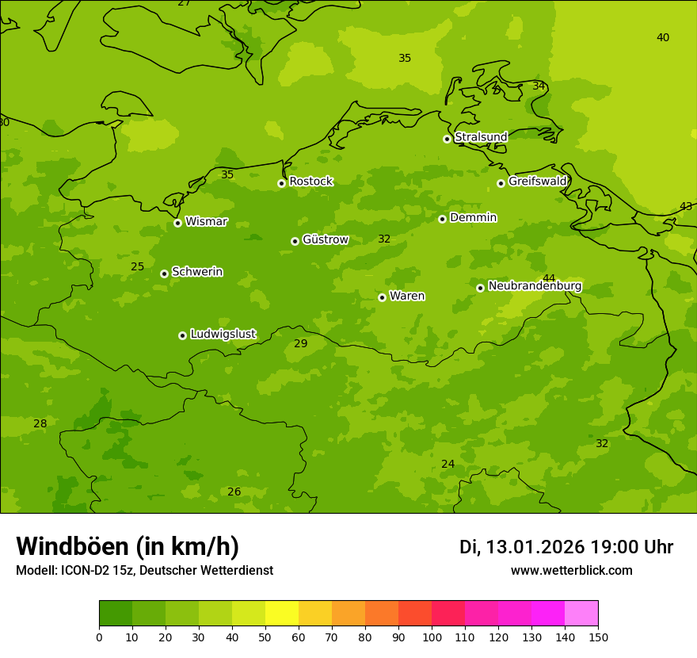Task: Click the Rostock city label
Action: [x=310, y=182]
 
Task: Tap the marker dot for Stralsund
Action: [x=447, y=139]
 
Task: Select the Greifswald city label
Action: [x=537, y=182]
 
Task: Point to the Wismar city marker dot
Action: [x=177, y=223]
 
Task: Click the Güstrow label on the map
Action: [x=325, y=239]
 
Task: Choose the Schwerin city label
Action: [x=196, y=272]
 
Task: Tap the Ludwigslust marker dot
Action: [x=182, y=335]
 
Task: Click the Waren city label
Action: [x=406, y=296]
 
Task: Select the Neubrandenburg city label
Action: [x=535, y=286]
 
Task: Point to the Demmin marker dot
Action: [x=442, y=219]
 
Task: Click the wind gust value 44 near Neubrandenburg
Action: [x=549, y=278]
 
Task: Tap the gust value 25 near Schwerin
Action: [x=138, y=266]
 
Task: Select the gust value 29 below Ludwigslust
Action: [x=301, y=343]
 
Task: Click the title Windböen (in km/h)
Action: [x=128, y=546]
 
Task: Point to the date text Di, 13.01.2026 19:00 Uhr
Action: [x=566, y=547]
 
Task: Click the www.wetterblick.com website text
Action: [x=571, y=571]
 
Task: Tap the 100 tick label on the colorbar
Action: [x=432, y=637]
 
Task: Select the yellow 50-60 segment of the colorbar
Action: [x=282, y=614]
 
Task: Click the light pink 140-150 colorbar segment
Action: [x=581, y=614]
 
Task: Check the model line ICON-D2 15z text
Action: [x=144, y=571]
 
